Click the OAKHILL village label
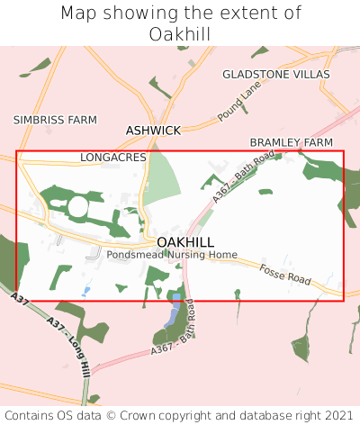pyautogui.click(x=185, y=242)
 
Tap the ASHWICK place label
pyautogui.click(x=153, y=131)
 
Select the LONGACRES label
pyautogui.click(x=112, y=157)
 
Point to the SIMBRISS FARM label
pyautogui.click(x=42, y=119)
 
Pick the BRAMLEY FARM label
pyautogui.click(x=291, y=143)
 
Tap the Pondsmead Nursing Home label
pyautogui.click(x=172, y=255)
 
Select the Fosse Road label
pyautogui.click(x=284, y=275)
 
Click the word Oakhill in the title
pyautogui.click(x=180, y=33)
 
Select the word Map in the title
pyautogui.click(x=80, y=14)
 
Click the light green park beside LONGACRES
pyautogui.click(x=161, y=179)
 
